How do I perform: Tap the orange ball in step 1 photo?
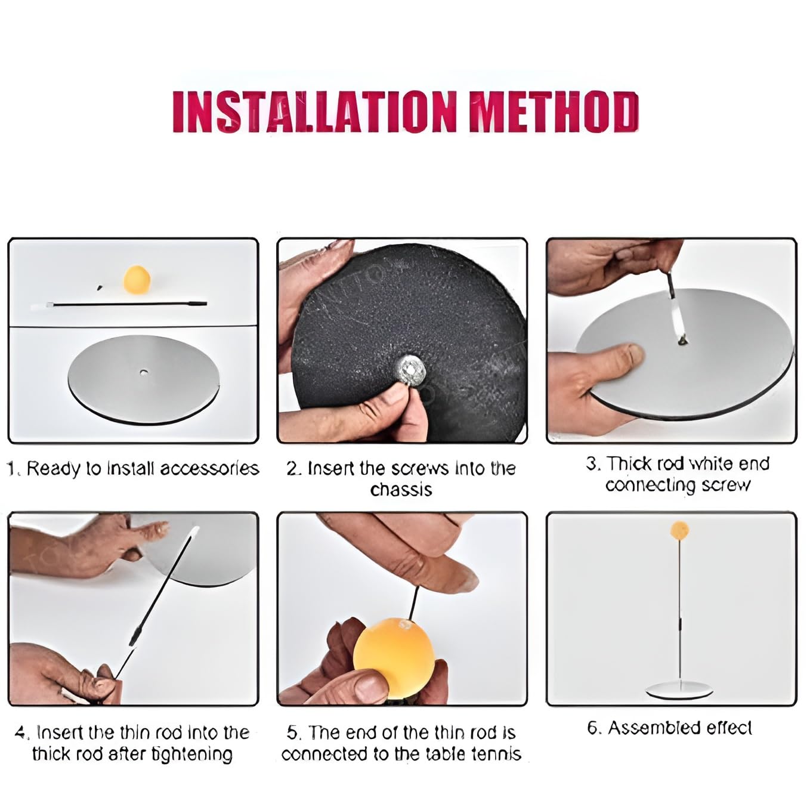coord(137,279)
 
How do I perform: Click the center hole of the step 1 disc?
coord(144,372)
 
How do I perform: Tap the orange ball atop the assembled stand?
coord(679,530)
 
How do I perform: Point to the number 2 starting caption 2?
coord(292,469)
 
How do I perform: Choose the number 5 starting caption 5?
coord(292,732)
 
